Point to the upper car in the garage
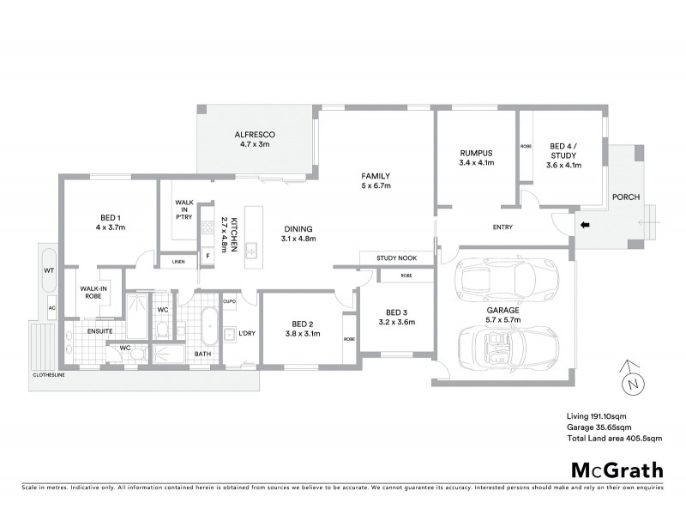[x=498, y=277]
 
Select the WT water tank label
[x=49, y=270]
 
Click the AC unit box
[x=51, y=307]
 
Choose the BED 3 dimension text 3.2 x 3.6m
[x=396, y=323]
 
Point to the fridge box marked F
[x=207, y=256]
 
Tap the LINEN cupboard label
[x=178, y=261]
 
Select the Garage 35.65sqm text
[x=599, y=427]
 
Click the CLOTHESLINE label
[x=51, y=375]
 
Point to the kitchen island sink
[x=251, y=250]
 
